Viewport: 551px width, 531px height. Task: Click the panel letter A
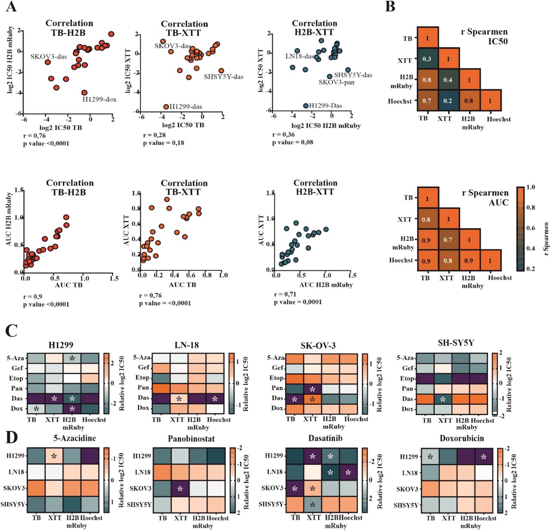click(12, 7)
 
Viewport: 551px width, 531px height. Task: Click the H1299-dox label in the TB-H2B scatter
click(99, 99)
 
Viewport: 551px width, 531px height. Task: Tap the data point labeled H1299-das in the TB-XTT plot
click(166, 106)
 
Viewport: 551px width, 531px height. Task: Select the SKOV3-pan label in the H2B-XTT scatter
click(336, 82)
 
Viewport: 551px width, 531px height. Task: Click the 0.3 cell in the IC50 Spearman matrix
click(427, 59)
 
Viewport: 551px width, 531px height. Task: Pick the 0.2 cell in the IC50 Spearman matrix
click(448, 101)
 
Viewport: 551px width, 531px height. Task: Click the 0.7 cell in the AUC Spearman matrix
click(448, 239)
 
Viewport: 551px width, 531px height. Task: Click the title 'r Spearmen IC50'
click(485, 37)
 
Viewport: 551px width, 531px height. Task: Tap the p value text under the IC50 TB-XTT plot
click(164, 143)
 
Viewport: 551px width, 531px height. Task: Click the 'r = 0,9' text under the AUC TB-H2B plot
click(33, 296)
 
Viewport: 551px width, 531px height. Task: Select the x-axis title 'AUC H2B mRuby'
click(326, 285)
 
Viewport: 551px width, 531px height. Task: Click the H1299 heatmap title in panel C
click(61, 345)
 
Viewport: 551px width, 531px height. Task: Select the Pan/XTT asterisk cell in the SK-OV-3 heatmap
click(312, 389)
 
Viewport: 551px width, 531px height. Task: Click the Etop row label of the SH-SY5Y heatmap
click(407, 378)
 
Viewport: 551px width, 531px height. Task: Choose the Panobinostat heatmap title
click(191, 438)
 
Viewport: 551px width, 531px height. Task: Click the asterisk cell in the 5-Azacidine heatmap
click(54, 456)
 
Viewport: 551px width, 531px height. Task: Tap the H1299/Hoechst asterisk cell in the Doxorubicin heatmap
click(484, 456)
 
